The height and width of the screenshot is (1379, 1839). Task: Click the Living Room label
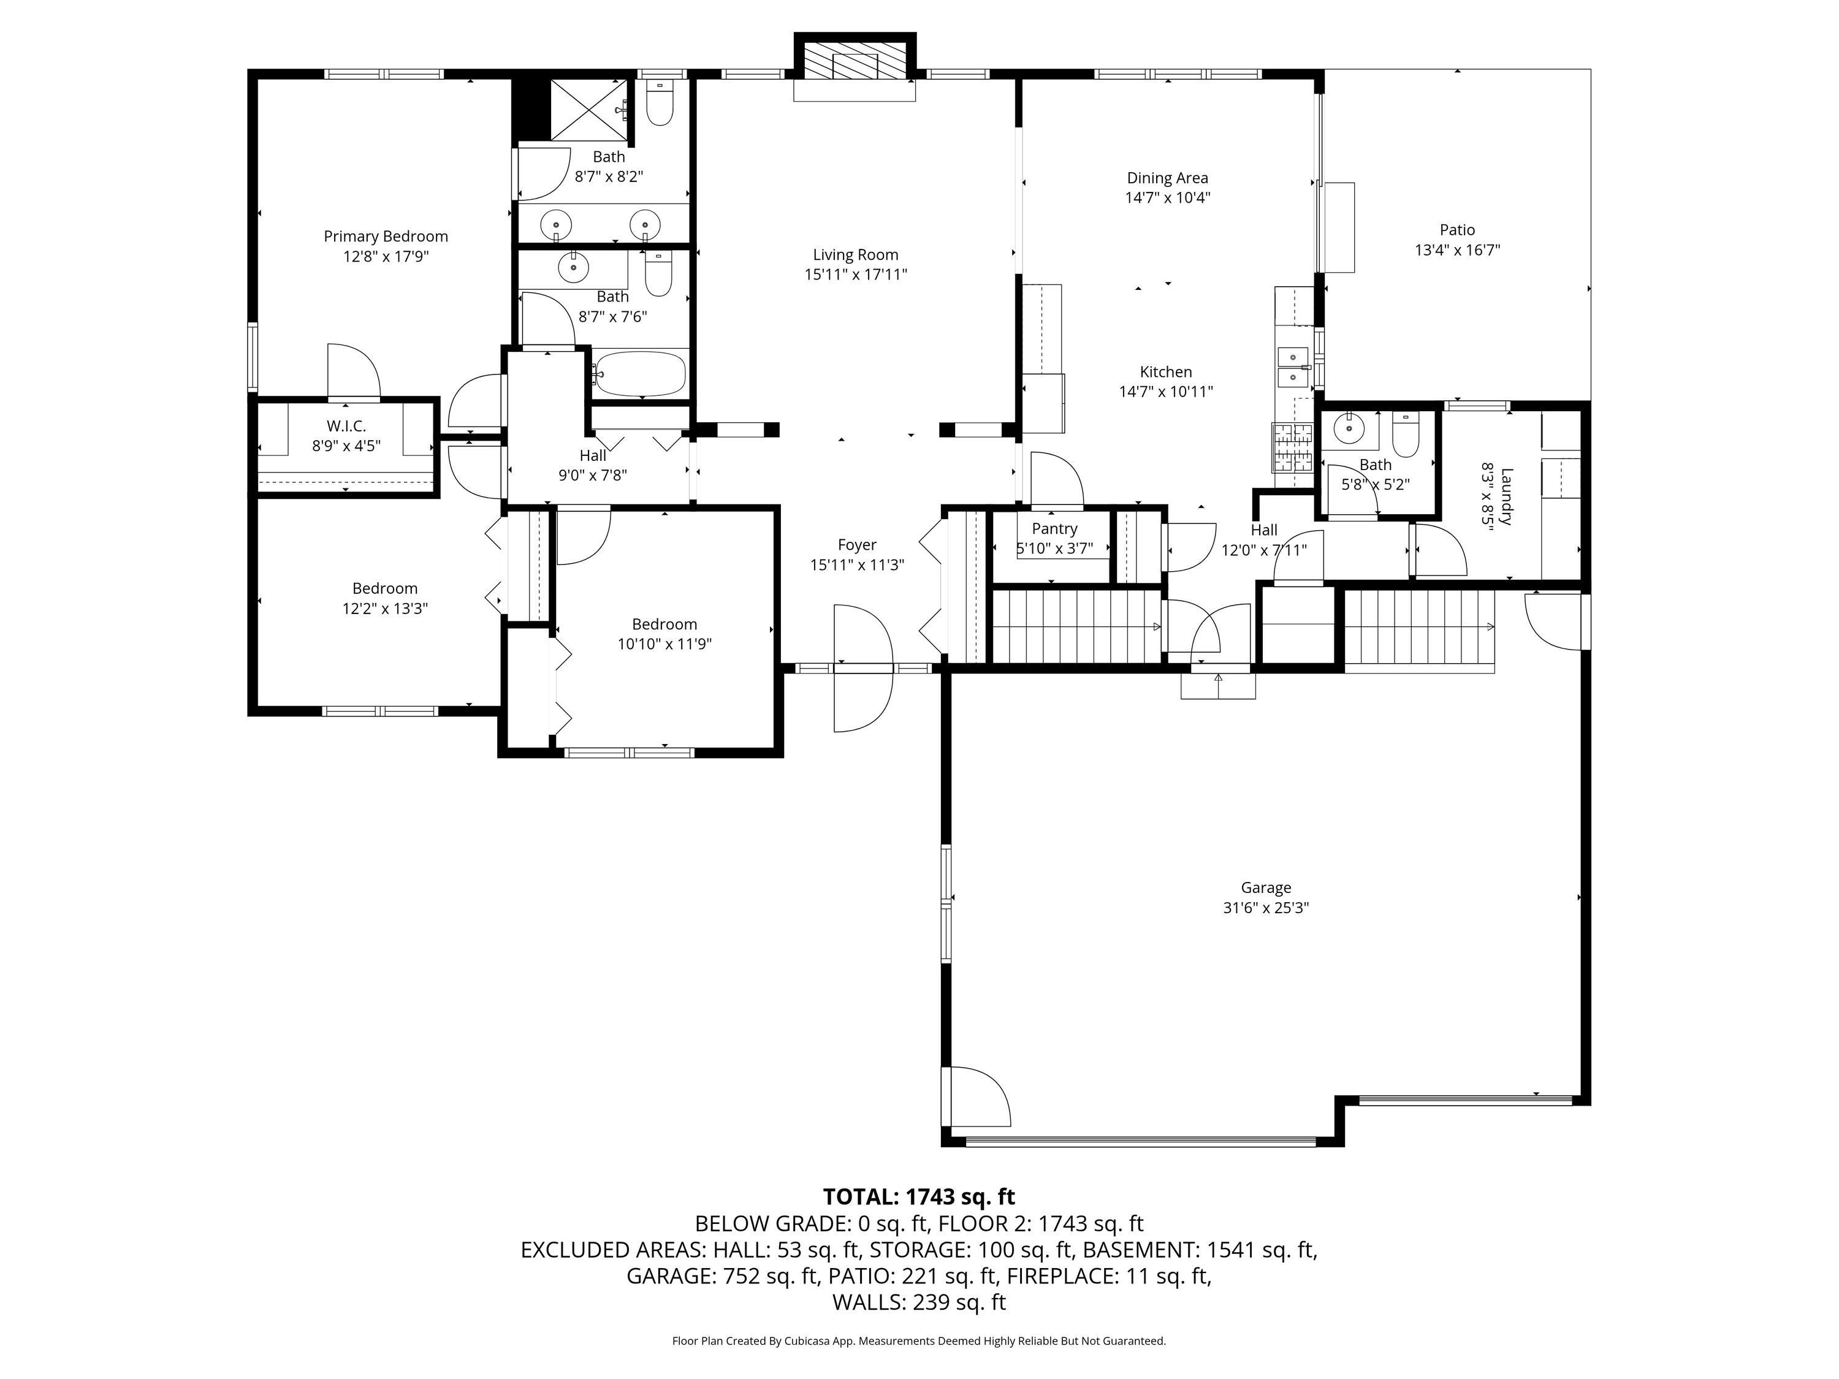click(x=856, y=255)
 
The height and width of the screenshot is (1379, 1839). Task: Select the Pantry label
click(x=1054, y=529)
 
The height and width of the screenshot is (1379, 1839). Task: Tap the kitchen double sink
click(x=1293, y=367)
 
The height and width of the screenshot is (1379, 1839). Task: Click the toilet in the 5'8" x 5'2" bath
click(x=1405, y=436)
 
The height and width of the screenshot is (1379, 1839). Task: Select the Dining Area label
click(x=1167, y=178)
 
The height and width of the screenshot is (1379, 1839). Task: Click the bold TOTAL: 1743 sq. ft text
click(x=919, y=1197)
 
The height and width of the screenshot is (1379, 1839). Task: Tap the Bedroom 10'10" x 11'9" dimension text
click(x=664, y=644)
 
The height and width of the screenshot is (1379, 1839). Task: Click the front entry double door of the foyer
click(x=863, y=668)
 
